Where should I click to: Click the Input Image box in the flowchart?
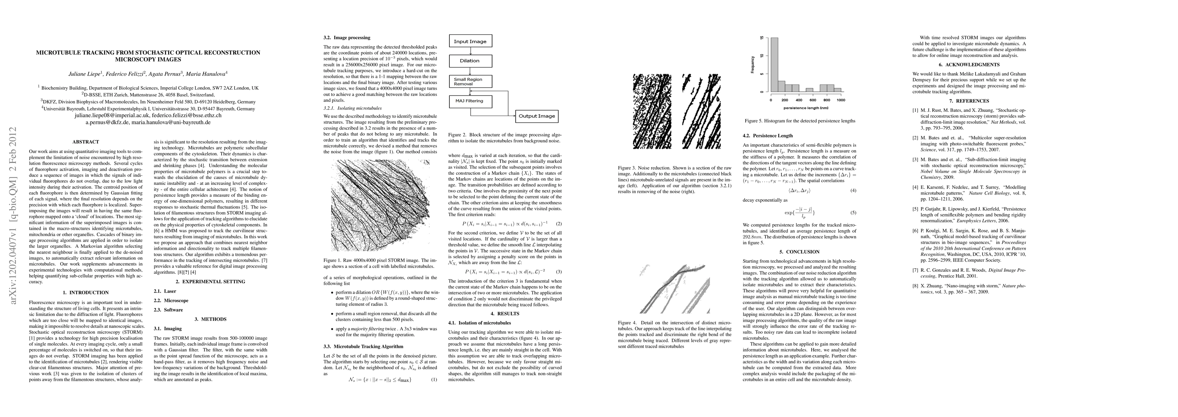pos(470,41)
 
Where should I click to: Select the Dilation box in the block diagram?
pos(470,60)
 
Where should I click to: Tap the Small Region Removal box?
pos(470,81)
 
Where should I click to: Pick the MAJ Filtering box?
pos(470,101)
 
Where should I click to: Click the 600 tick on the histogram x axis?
pos(813,100)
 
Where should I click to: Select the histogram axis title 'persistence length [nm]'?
pos(806,108)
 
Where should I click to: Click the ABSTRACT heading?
pos(85,142)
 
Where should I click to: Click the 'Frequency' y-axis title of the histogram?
pos(752,65)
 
